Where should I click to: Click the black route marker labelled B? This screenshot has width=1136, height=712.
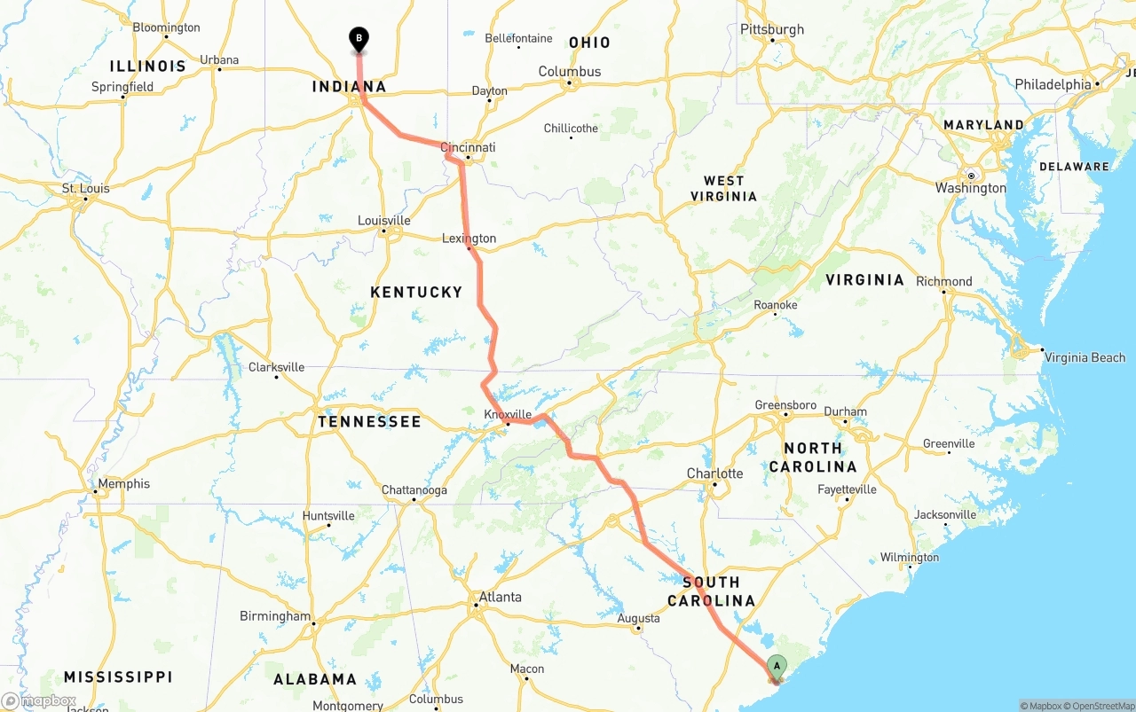coord(359,39)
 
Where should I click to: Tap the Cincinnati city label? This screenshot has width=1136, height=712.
coord(469,148)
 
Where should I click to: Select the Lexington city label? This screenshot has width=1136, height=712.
coord(469,239)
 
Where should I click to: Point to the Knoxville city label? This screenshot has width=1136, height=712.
coord(508,414)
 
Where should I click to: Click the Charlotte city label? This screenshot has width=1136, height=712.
coord(714,473)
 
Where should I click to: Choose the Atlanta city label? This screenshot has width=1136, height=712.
coord(500,597)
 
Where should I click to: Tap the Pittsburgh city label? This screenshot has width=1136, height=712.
coord(772,29)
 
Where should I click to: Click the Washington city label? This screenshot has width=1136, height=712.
coord(971,188)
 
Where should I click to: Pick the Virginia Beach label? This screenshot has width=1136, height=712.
coord(1085,357)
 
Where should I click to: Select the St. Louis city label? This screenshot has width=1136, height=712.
coord(86,189)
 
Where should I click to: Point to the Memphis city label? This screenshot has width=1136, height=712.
coord(122,484)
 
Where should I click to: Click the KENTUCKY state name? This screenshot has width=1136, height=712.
coord(416,292)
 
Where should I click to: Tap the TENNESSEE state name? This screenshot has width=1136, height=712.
coord(369,422)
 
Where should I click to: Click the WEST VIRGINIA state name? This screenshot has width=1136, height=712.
coord(723,188)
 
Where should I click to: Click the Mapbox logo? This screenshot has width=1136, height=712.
coord(39,701)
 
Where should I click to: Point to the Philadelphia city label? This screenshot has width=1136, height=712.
coord(1053,84)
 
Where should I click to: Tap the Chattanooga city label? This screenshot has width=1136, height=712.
coord(414,490)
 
